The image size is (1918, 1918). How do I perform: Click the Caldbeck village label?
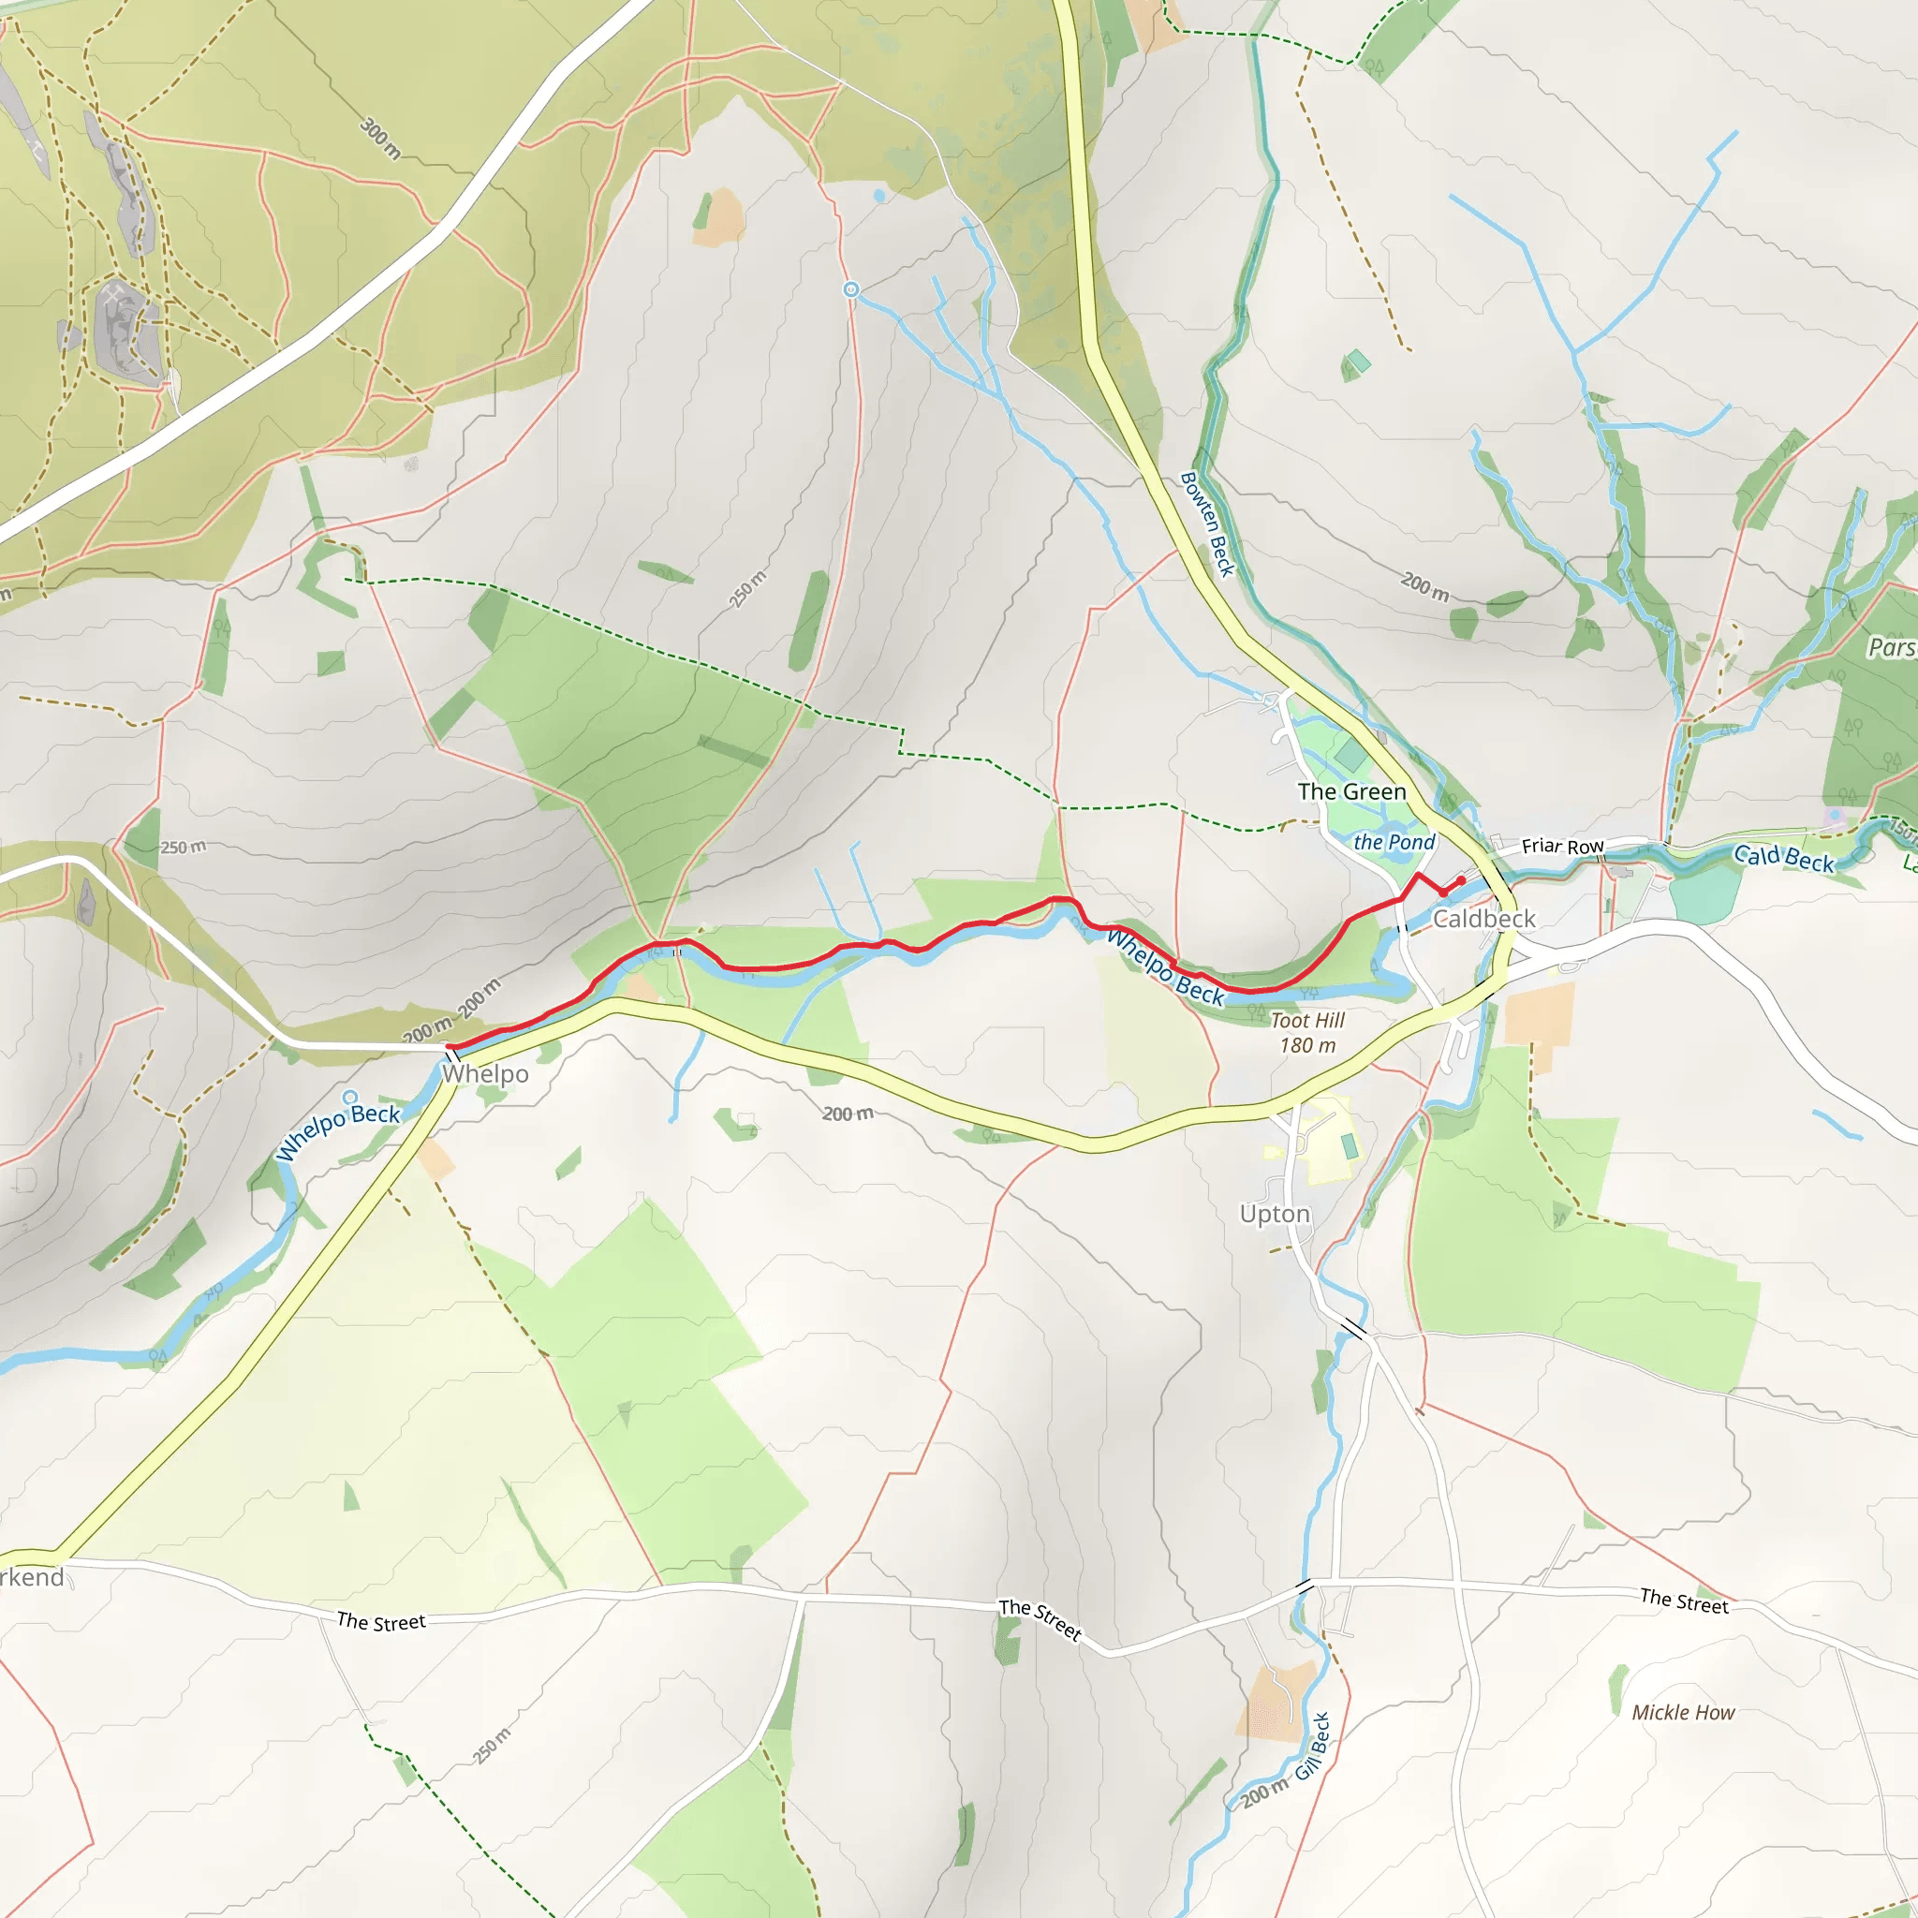[1483, 920]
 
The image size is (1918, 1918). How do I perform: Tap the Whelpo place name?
[485, 1074]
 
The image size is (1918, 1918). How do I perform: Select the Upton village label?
[1275, 1214]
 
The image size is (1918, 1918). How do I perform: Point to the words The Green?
[1351, 791]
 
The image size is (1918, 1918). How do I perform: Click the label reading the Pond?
[1394, 842]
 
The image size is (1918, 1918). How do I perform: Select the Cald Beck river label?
[1783, 858]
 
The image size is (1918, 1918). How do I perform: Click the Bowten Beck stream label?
[1207, 524]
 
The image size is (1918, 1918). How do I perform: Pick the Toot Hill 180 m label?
[1307, 1032]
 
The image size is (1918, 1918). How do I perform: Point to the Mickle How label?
[1683, 1713]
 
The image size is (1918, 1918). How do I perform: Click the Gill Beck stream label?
[1311, 1747]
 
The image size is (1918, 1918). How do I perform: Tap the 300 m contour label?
[380, 138]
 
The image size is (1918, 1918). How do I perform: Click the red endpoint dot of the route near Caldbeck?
[1461, 880]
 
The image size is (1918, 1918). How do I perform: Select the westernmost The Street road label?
[380, 1621]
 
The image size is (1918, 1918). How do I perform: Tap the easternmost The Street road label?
[1684, 1601]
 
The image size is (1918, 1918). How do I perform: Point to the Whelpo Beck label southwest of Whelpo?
[337, 1131]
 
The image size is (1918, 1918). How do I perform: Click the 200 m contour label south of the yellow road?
[847, 1114]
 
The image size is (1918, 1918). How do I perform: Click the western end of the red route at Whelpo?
[450, 1046]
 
